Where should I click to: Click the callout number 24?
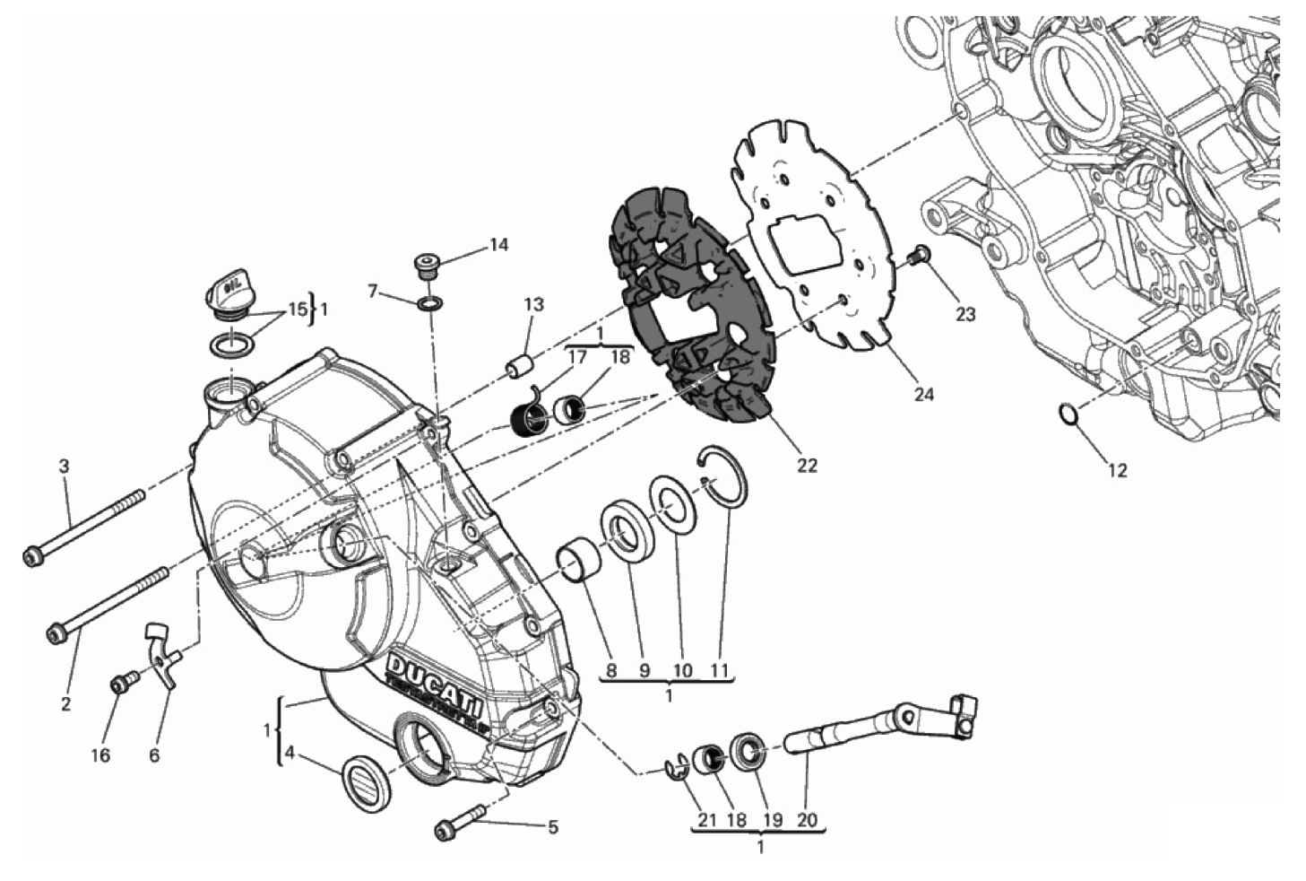click(x=923, y=394)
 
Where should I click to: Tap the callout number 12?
click(x=1117, y=470)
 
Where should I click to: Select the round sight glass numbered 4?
click(x=367, y=783)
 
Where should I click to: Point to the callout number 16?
click(x=100, y=755)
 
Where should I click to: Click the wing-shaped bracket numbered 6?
click(x=161, y=658)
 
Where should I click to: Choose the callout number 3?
click(x=64, y=467)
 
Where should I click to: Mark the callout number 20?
click(x=808, y=819)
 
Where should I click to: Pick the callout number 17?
click(x=578, y=357)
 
